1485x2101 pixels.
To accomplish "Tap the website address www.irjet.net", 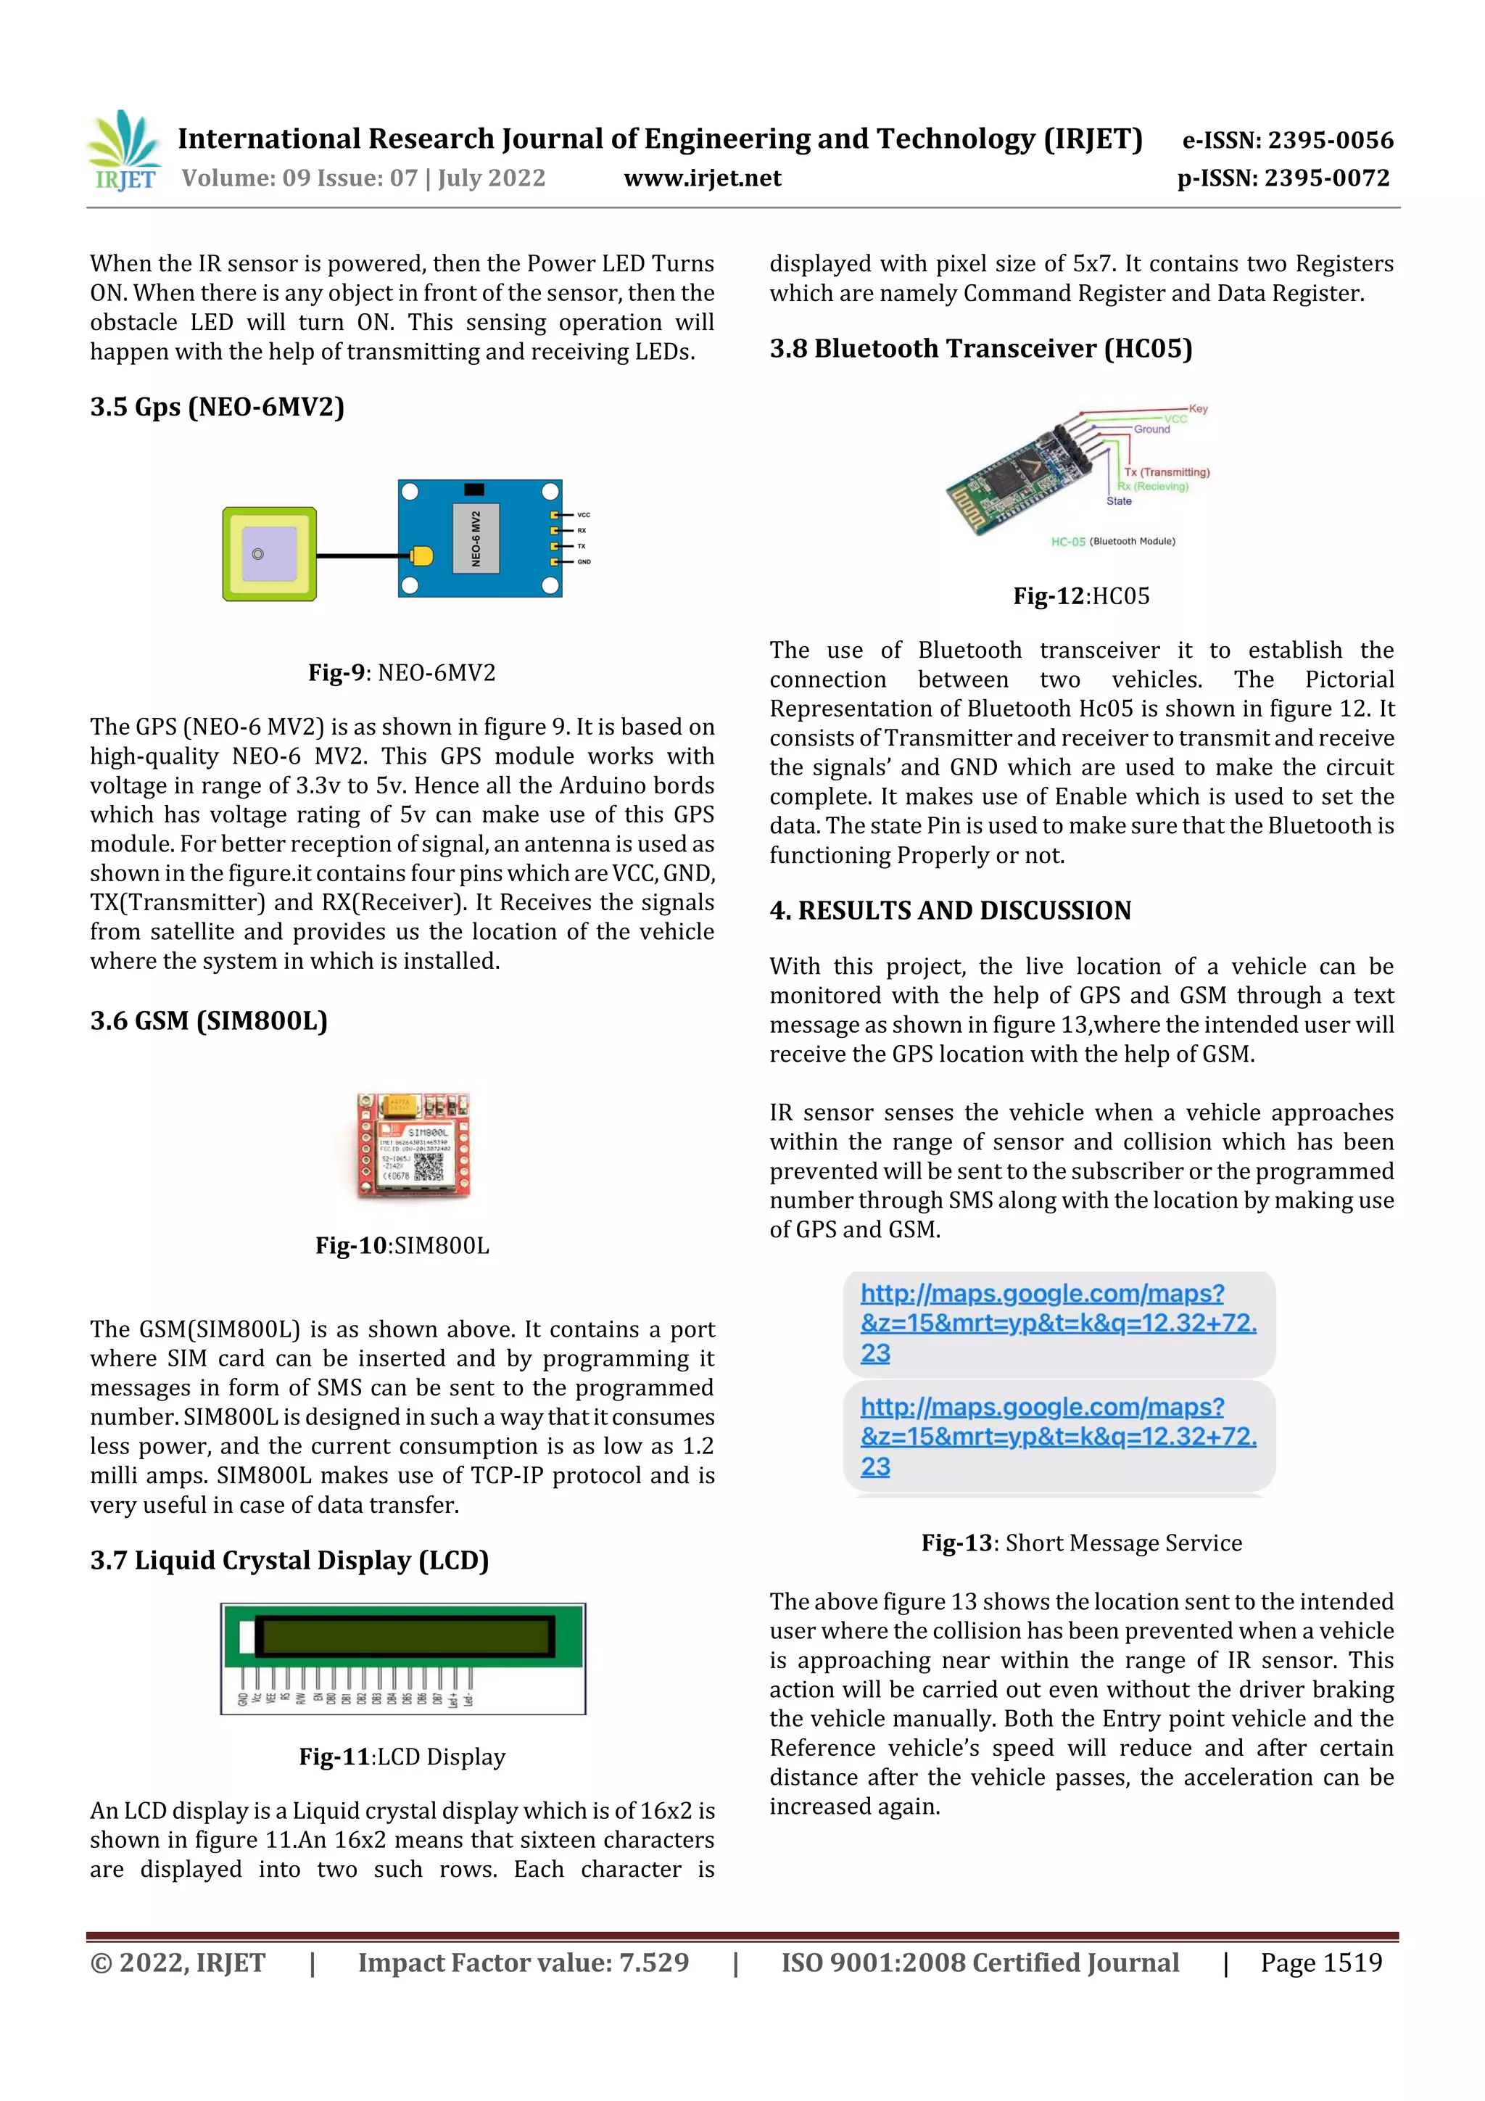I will (x=702, y=178).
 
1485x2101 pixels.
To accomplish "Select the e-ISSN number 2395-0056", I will (x=1287, y=140).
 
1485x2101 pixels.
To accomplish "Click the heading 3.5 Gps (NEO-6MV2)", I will (x=217, y=406).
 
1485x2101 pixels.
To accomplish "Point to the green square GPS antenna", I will (x=269, y=553).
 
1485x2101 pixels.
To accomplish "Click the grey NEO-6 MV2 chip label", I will (x=476, y=538).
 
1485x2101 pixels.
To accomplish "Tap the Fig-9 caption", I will (x=402, y=672).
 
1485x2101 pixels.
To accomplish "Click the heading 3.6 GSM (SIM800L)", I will (x=209, y=1020).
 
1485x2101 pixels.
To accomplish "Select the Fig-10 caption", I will (x=402, y=1245).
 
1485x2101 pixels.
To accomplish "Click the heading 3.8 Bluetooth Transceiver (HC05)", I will (x=981, y=349).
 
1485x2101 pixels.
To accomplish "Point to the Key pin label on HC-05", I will (x=1198, y=409).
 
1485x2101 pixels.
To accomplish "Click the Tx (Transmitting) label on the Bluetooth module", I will (x=1167, y=472).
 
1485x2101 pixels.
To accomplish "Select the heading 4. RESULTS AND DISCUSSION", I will (x=950, y=910).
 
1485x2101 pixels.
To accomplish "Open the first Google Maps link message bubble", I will (x=1059, y=1324).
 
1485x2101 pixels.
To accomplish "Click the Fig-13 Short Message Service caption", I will (x=1082, y=1543).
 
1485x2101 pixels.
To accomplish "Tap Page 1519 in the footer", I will (x=1321, y=1962).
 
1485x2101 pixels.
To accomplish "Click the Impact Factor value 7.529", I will (x=524, y=1962).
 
